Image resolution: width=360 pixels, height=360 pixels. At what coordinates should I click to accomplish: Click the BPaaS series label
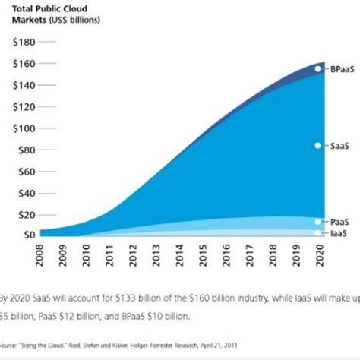[x=339, y=70]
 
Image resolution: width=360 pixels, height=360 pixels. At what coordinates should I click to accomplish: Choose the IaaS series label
[x=336, y=232]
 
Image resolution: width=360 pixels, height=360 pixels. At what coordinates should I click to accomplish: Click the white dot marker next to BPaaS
[x=318, y=69]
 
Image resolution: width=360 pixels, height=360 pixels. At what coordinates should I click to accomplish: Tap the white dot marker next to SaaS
[x=318, y=145]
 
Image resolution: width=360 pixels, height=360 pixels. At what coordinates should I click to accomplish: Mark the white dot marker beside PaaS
[x=318, y=221]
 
